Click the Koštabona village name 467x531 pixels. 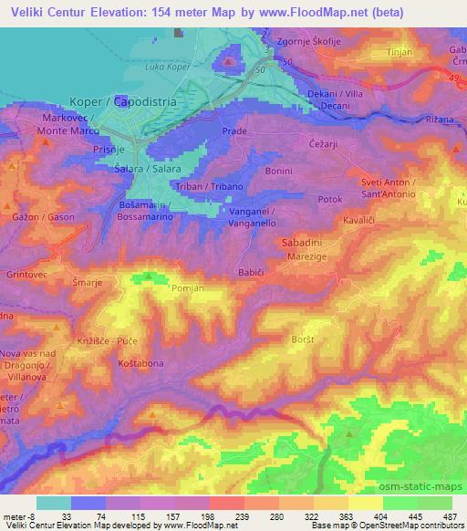pyautogui.click(x=140, y=364)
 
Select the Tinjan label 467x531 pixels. pyautogui.click(x=401, y=52)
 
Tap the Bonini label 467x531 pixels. pyautogui.click(x=278, y=171)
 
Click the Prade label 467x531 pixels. pyautogui.click(x=234, y=131)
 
